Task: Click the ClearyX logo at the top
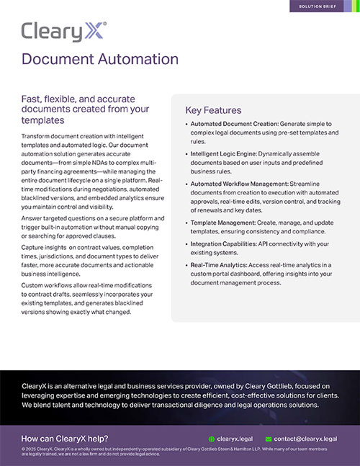(63, 30)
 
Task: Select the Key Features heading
(213, 110)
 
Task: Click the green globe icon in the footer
(211, 438)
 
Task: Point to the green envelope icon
(269, 438)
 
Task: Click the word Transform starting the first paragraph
(38, 136)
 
